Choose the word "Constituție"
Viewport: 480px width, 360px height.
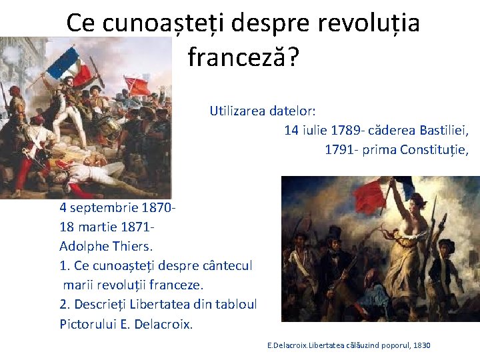(435, 150)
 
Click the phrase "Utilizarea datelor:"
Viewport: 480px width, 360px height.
(263, 111)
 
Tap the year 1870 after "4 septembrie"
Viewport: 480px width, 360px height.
(159, 207)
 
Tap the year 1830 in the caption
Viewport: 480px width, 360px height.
(422, 345)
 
